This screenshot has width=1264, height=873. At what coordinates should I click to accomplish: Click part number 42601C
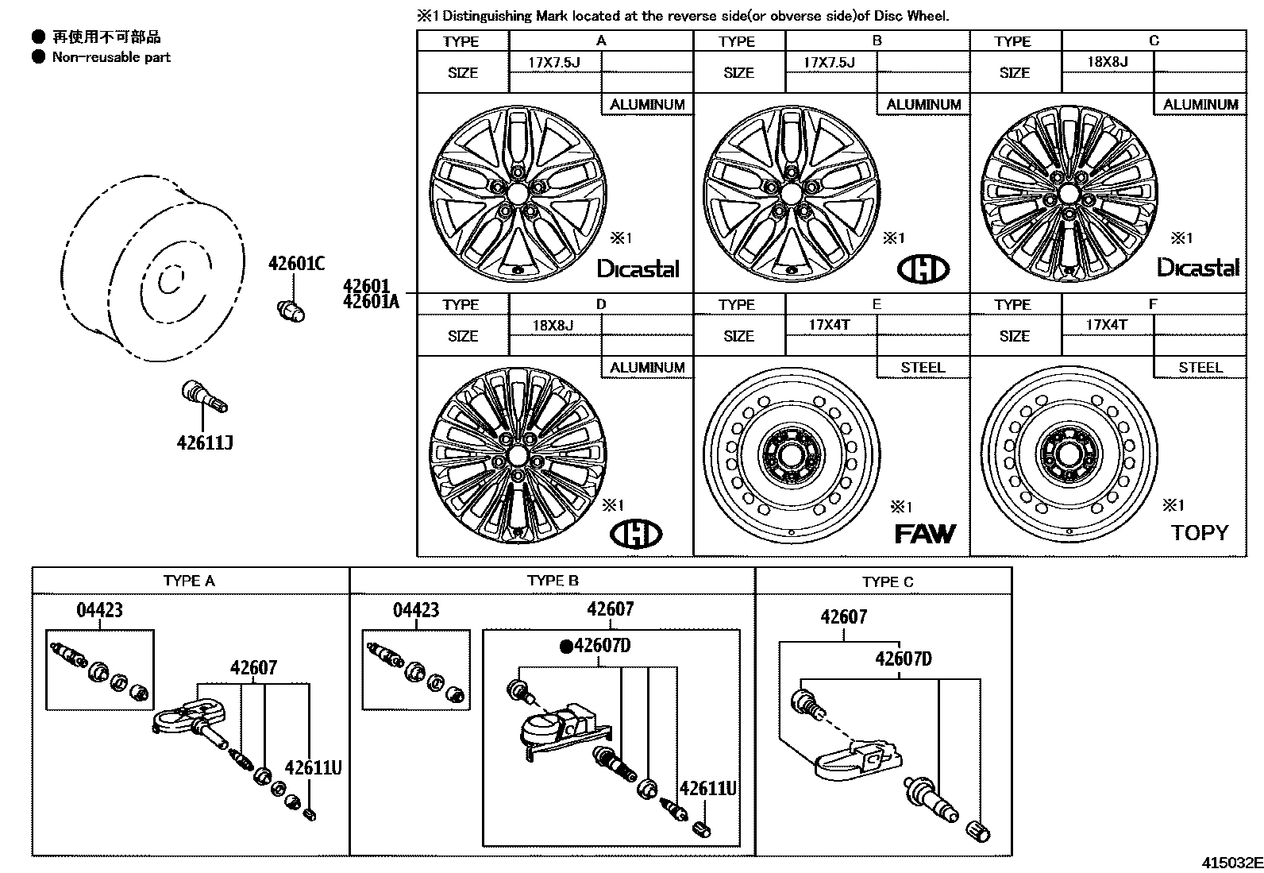(x=296, y=264)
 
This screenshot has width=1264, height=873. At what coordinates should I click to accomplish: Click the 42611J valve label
(x=204, y=442)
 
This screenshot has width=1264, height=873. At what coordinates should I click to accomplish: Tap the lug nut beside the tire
(x=291, y=311)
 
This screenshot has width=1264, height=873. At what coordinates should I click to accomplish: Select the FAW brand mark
(x=924, y=533)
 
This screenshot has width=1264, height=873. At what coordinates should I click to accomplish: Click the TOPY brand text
(x=1199, y=532)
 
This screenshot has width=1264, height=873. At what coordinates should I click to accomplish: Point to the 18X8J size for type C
(x=1108, y=61)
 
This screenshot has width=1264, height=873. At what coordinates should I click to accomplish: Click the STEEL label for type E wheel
(x=923, y=367)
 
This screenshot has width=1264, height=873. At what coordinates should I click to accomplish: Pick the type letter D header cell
(x=600, y=304)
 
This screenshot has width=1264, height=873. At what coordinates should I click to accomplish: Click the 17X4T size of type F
(x=1106, y=324)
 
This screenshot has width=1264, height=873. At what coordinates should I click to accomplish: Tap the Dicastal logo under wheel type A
(x=638, y=268)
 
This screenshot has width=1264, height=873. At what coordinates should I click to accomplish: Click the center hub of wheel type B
(x=788, y=193)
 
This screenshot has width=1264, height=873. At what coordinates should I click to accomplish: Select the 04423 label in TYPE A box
(x=99, y=610)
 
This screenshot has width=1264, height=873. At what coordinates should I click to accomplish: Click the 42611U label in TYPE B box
(x=707, y=789)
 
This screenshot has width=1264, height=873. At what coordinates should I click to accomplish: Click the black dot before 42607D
(x=566, y=647)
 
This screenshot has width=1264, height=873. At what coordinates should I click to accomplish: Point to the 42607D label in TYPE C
(x=903, y=659)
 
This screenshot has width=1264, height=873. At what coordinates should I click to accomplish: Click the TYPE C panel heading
(x=887, y=581)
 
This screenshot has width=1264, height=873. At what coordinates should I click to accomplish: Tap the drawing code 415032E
(x=1231, y=863)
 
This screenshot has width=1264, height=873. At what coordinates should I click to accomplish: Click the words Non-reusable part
(x=111, y=57)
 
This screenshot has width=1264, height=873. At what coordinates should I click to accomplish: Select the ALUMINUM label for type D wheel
(x=647, y=367)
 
